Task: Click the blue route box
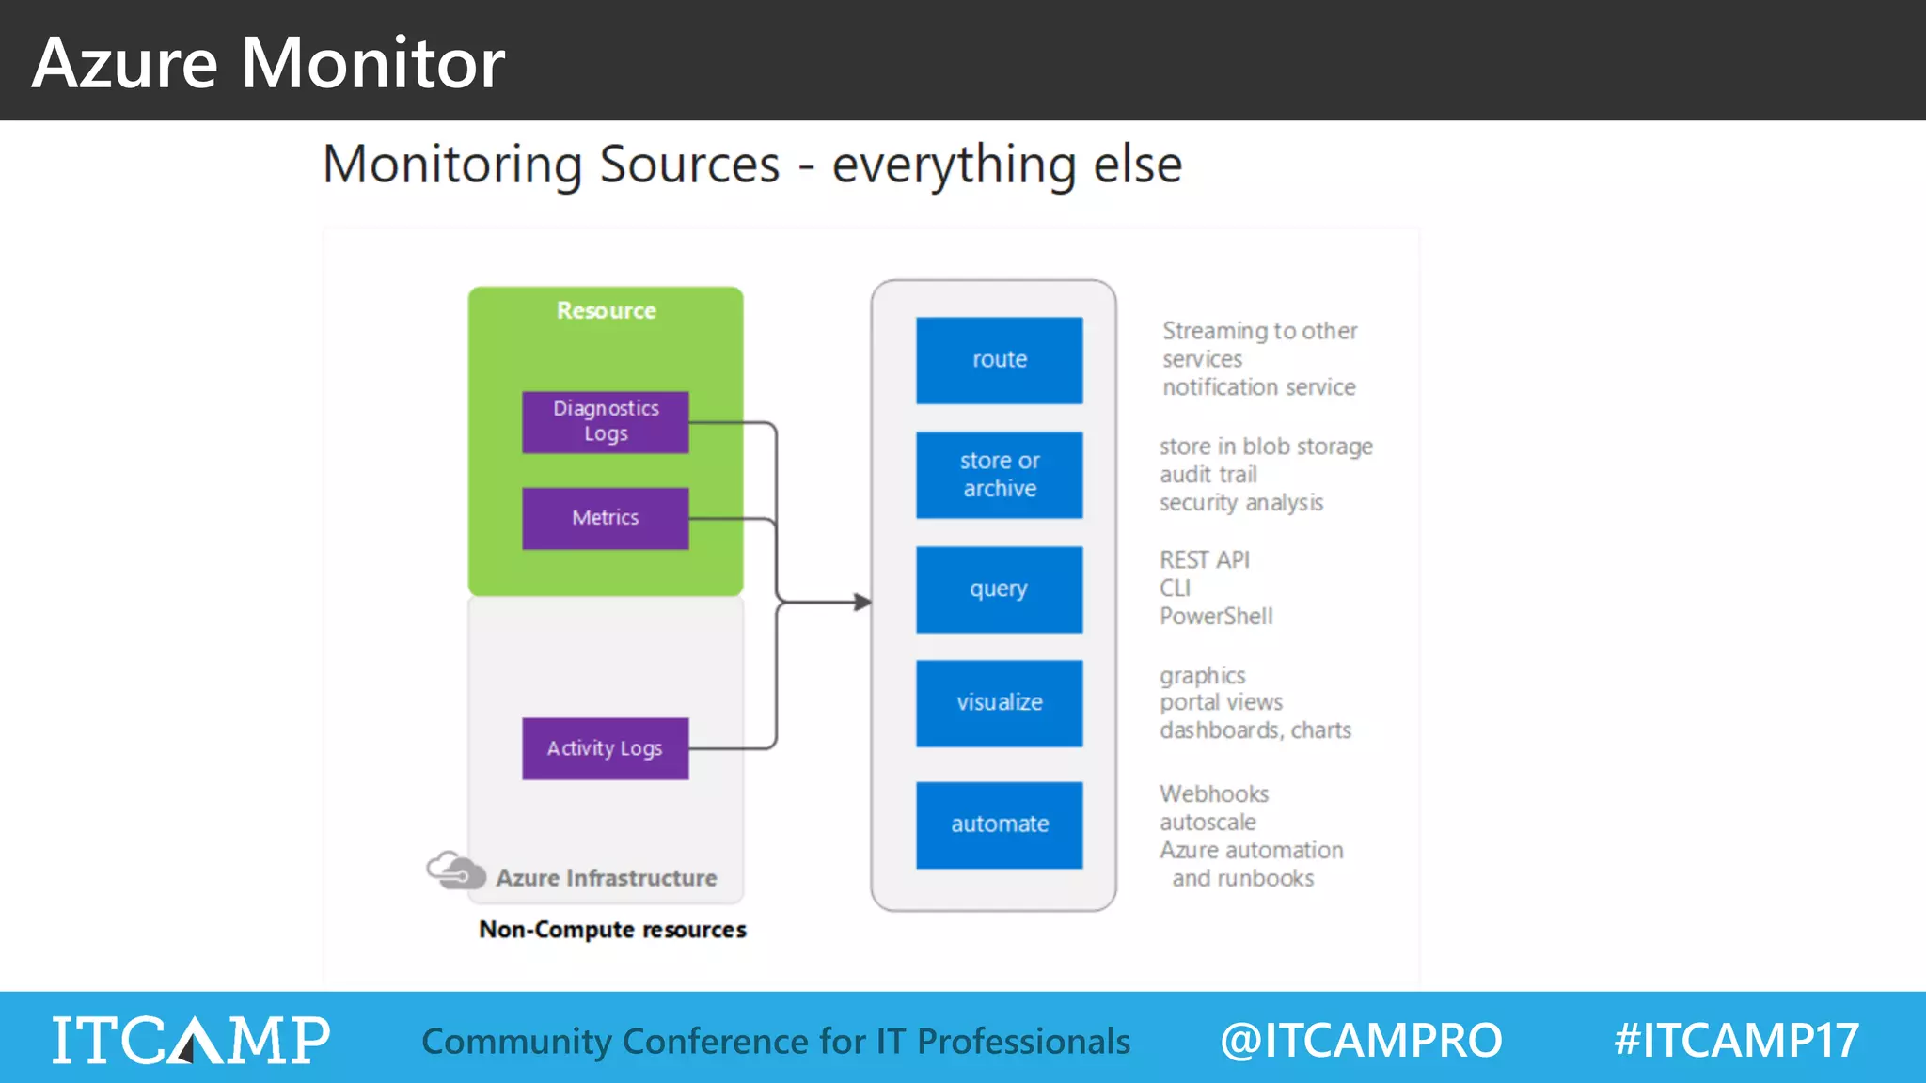pos(999,360)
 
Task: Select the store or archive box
pos(999,475)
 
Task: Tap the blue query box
pos(999,589)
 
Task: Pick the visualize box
pos(999,703)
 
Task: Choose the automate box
pos(999,824)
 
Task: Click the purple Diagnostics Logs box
pos(605,422)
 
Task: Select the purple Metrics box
pos(605,518)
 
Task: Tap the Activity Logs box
pos(605,748)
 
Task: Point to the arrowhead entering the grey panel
pos(862,602)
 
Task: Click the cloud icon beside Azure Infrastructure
pos(455,871)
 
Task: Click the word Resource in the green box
pos(606,310)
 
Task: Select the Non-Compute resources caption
pos(612,930)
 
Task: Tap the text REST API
pos(1205,560)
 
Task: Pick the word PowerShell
pos(1216,617)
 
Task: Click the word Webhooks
pos(1214,794)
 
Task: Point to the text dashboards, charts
pos(1255,730)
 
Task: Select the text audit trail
pos(1208,475)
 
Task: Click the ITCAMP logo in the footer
pos(191,1040)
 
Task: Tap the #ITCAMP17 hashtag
pos(1736,1040)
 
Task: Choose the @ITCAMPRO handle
pos(1361,1040)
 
